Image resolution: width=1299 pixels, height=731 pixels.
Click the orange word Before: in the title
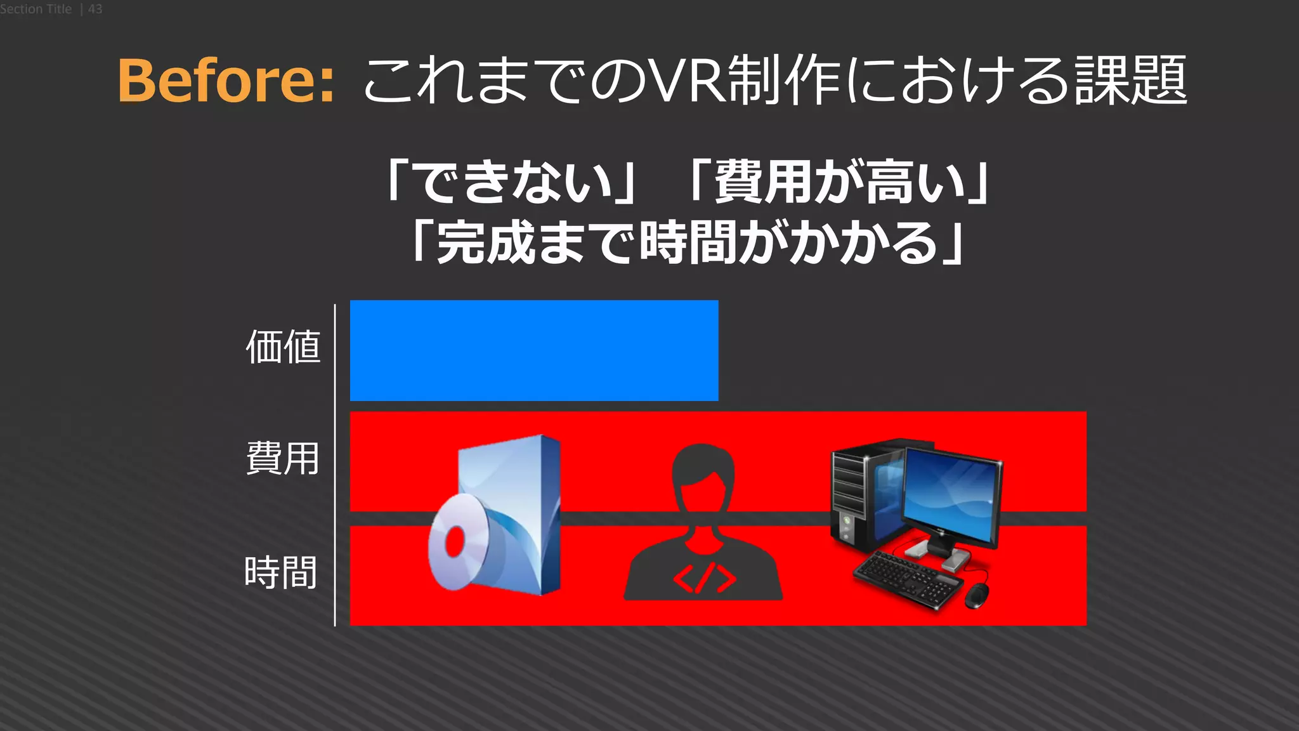pyautogui.click(x=226, y=81)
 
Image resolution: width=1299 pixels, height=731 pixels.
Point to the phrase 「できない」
pyautogui.click(x=511, y=183)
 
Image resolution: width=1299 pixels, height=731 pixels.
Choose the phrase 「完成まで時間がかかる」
pyautogui.click(x=688, y=243)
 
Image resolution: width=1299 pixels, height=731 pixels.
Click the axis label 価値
pyautogui.click(x=283, y=347)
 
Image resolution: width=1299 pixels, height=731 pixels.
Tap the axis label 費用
pyautogui.click(x=283, y=459)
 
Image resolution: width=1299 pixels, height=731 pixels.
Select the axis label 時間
pyautogui.click(x=281, y=572)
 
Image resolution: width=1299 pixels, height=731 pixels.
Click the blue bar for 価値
pyautogui.click(x=533, y=350)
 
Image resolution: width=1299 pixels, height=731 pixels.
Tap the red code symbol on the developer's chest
pyautogui.click(x=704, y=578)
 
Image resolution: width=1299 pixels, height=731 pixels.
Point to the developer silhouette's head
pyautogui.click(x=703, y=473)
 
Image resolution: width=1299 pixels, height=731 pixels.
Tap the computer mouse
pyautogui.click(x=977, y=595)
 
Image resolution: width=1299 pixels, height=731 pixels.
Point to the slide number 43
pyautogui.click(x=95, y=9)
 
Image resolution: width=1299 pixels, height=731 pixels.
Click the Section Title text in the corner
pyautogui.click(x=36, y=9)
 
